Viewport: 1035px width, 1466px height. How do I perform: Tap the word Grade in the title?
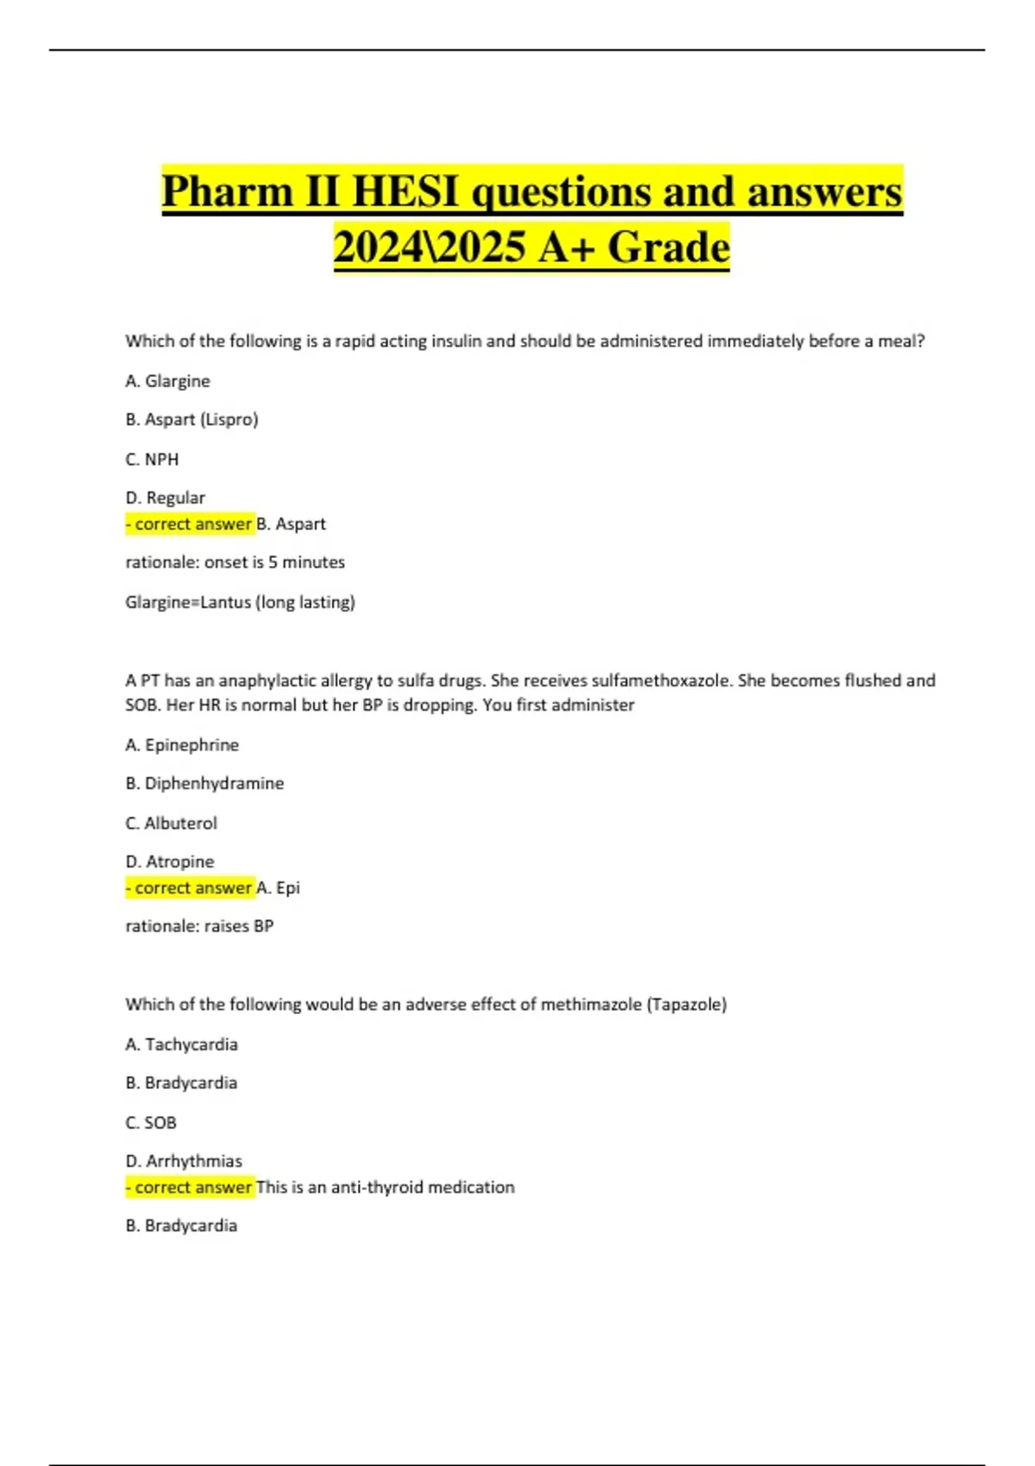(x=668, y=247)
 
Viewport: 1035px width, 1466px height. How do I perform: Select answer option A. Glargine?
(x=167, y=381)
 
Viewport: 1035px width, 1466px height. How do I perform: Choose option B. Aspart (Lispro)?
(x=191, y=420)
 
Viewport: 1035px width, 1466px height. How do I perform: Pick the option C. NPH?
(x=152, y=460)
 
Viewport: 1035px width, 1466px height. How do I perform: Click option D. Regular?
(x=165, y=498)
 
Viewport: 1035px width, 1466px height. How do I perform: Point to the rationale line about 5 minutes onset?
(x=235, y=562)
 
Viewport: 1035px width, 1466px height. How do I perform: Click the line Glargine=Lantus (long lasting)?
(x=240, y=602)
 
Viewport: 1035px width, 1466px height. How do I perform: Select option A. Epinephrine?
(x=182, y=745)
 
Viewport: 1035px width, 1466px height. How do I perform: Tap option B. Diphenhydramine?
(x=204, y=784)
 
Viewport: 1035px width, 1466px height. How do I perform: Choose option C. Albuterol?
(x=171, y=824)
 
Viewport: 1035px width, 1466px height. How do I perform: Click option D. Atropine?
(x=169, y=862)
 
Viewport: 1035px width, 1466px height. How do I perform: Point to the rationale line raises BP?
(x=199, y=926)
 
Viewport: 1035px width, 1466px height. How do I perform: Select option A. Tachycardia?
(x=181, y=1044)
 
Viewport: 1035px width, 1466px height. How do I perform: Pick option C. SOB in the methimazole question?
(x=151, y=1123)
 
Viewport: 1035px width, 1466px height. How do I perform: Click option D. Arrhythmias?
(x=184, y=1162)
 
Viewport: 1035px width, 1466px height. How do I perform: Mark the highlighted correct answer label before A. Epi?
(x=190, y=888)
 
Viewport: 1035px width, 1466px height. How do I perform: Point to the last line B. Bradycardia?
(x=181, y=1225)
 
